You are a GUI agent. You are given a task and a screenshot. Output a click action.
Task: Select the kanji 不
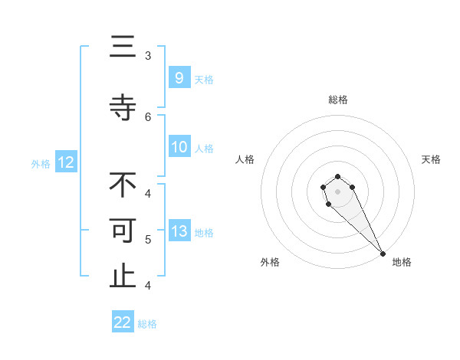(123, 185)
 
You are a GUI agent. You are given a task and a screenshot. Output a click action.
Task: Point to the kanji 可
(123, 231)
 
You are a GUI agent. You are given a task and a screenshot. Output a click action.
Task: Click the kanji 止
(123, 277)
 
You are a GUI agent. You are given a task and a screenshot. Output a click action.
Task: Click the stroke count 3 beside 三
(148, 55)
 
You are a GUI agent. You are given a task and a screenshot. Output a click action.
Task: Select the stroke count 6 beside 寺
(148, 116)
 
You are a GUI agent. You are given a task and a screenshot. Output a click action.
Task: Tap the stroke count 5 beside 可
(148, 239)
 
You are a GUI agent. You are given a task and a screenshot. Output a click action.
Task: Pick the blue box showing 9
(179, 77)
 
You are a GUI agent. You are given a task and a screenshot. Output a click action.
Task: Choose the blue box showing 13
(179, 231)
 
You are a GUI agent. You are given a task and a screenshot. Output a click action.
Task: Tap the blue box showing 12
(66, 162)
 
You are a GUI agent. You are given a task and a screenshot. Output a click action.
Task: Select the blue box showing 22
(123, 322)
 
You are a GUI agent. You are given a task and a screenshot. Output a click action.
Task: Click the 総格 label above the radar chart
(337, 100)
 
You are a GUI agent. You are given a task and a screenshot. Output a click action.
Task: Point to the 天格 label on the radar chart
(431, 159)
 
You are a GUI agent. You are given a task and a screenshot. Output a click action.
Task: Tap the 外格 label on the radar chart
(270, 262)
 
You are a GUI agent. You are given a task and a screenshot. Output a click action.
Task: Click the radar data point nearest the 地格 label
(382, 253)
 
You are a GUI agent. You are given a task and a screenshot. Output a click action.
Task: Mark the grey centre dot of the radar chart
(337, 191)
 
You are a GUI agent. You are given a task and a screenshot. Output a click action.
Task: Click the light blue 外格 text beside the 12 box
(41, 162)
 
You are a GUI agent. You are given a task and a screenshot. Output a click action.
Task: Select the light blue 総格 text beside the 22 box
(147, 323)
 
